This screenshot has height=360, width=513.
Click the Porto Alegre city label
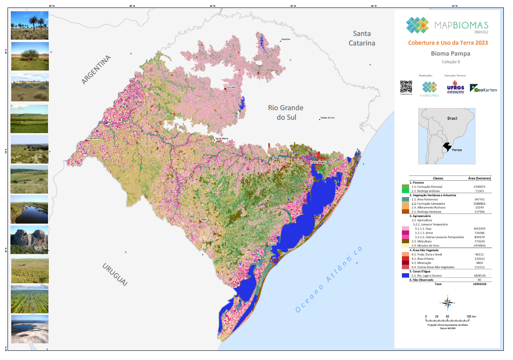318,162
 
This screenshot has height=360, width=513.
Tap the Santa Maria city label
222,138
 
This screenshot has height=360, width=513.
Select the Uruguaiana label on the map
93,138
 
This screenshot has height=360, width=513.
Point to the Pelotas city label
272,244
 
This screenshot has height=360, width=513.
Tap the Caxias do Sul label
327,118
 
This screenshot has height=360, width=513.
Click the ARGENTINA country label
97,70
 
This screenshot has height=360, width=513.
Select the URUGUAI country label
114,274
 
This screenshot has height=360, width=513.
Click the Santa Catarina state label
362,38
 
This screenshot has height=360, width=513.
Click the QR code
406,86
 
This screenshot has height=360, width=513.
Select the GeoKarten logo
483,88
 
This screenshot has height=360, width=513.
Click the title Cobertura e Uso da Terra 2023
448,43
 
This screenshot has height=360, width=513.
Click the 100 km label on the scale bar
471,317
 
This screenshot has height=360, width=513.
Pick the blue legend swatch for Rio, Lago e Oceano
404,275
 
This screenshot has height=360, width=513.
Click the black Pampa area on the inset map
447,147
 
